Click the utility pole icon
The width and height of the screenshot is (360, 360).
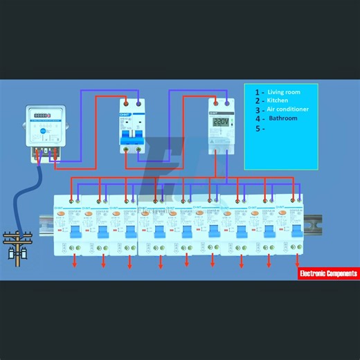coord(16,246)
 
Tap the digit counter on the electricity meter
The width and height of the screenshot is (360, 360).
coord(43,116)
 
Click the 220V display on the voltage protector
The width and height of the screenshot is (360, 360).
coord(221,122)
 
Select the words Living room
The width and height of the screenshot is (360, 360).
coord(284,91)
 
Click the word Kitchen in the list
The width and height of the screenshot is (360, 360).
coord(279,100)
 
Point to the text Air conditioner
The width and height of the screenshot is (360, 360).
coord(289,109)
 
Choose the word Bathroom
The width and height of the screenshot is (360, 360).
coord(282,118)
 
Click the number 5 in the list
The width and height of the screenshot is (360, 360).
coord(258,128)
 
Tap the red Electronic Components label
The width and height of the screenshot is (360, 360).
coord(328,273)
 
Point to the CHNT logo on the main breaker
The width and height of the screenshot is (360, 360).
coord(125,114)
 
